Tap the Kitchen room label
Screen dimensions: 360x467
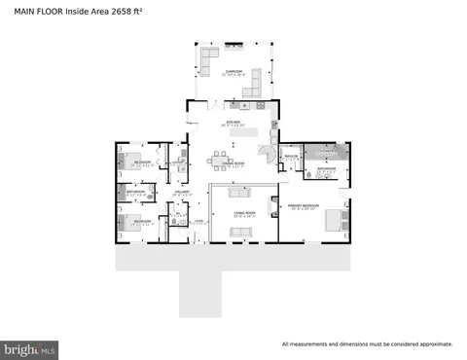pyautogui.click(x=233, y=123)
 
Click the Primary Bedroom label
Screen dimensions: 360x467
pyautogui.click(x=304, y=206)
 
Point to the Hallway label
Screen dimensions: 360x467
pyautogui.click(x=181, y=193)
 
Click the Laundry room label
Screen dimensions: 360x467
pyautogui.click(x=180, y=162)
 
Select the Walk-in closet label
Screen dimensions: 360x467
pyautogui.click(x=290, y=156)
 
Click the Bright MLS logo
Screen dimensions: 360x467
pyautogui.click(x=30, y=346)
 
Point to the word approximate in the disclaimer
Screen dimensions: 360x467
pyautogui.click(x=433, y=344)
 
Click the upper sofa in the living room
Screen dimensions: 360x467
pyautogui.click(x=240, y=190)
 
